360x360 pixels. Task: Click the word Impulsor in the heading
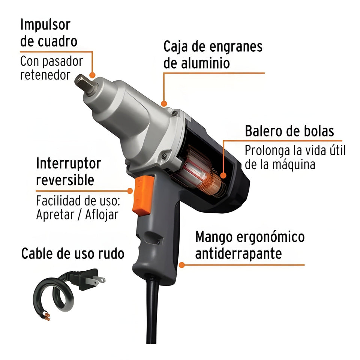coord(45,25)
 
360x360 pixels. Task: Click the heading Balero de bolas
coord(289,131)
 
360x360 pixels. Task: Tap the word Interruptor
coord(69,164)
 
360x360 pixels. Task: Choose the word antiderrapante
coord(238,254)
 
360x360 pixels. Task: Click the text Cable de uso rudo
coord(72,254)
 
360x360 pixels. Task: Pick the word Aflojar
coord(101,215)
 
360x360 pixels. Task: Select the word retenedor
coord(45,75)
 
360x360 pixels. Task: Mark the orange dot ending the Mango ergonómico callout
coord(182,265)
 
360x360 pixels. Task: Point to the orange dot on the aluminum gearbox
coord(163,103)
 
